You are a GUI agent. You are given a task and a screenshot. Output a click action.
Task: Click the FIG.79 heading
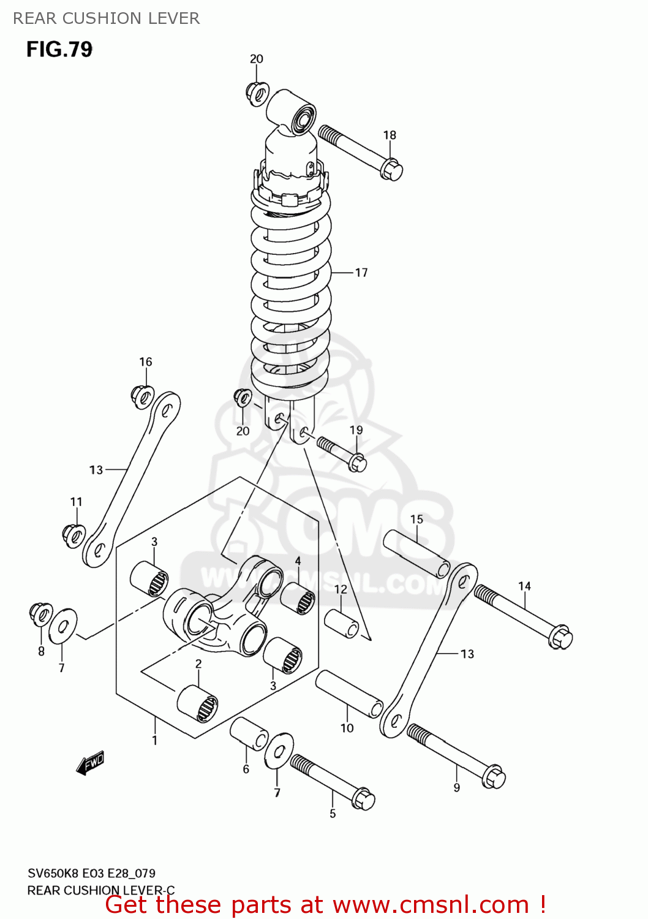coord(59,49)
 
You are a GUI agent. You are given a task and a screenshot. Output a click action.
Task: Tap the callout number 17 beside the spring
coord(361,273)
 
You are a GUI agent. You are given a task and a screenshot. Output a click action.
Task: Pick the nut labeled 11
coord(73,535)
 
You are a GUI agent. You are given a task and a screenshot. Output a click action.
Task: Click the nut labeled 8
coord(41,614)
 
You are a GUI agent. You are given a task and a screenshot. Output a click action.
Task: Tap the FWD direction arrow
coord(91,763)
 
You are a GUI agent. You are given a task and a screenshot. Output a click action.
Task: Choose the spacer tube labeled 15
coord(416,554)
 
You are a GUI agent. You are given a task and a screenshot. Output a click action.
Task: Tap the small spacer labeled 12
coord(341,622)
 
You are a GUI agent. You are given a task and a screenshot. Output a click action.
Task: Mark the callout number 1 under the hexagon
coord(154,740)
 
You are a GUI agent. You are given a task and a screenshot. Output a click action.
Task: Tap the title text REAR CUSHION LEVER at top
coord(107,18)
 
